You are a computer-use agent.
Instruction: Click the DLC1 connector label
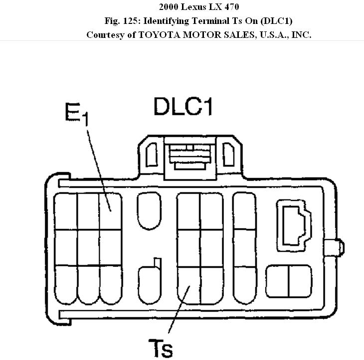(182, 106)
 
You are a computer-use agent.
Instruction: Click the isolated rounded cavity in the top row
(149, 211)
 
